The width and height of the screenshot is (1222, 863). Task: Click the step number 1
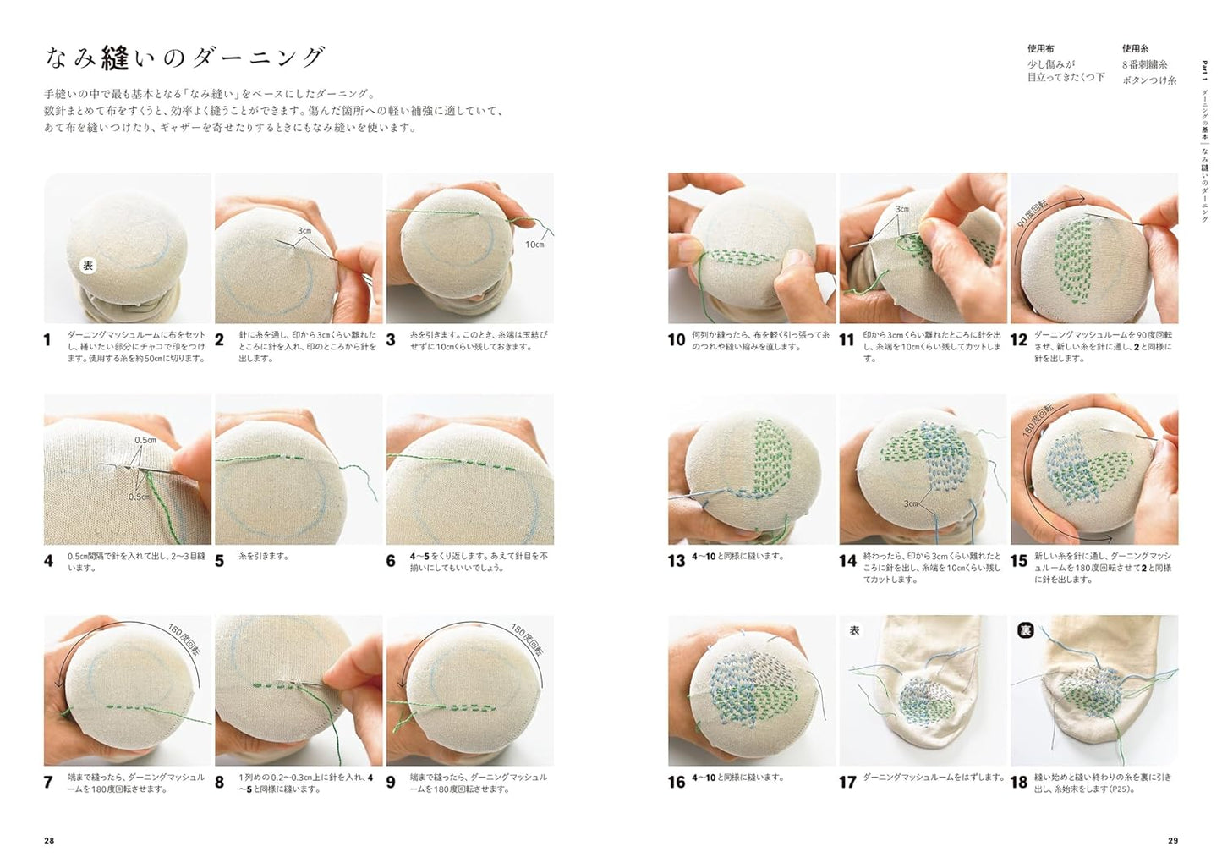pyautogui.click(x=48, y=340)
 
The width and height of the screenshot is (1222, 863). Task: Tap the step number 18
pyautogui.click(x=1019, y=782)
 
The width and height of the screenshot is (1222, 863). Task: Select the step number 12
pyautogui.click(x=1019, y=340)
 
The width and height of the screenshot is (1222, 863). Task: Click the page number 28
pyautogui.click(x=49, y=840)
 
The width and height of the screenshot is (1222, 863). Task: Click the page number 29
pyautogui.click(x=1172, y=840)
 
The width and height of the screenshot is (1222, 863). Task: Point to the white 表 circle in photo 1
pyautogui.click(x=88, y=266)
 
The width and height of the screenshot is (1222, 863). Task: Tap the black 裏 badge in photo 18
pyautogui.click(x=1025, y=630)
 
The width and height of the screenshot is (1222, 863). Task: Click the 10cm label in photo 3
pyautogui.click(x=534, y=245)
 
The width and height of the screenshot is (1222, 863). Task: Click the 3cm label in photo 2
pyautogui.click(x=304, y=230)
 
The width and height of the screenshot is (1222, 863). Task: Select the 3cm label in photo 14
pyautogui.click(x=910, y=503)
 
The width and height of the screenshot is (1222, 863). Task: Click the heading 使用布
pyautogui.click(x=1040, y=49)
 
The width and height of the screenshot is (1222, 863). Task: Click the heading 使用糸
pyautogui.click(x=1135, y=49)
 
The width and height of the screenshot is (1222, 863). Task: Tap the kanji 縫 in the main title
pyautogui.click(x=114, y=58)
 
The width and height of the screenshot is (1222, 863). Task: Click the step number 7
pyautogui.click(x=48, y=782)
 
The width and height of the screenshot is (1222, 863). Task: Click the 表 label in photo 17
pyautogui.click(x=854, y=630)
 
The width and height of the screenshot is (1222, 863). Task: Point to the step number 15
pyautogui.click(x=1019, y=560)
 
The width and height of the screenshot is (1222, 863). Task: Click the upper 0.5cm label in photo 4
pyautogui.click(x=145, y=440)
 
